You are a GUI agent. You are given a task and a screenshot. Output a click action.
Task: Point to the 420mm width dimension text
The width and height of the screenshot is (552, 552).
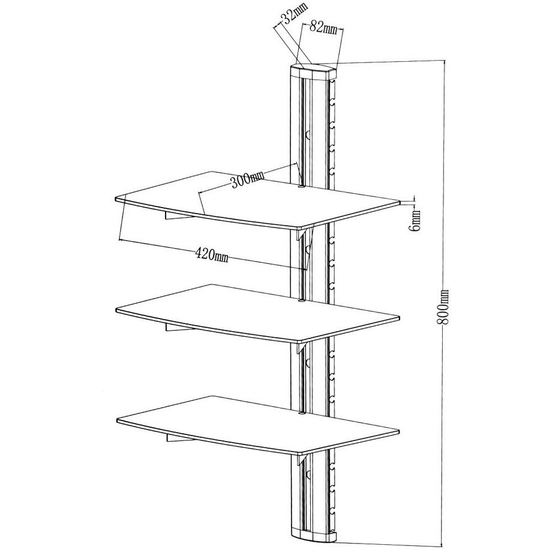click(x=212, y=255)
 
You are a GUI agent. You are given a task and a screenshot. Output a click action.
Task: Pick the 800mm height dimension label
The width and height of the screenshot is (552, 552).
click(x=445, y=308)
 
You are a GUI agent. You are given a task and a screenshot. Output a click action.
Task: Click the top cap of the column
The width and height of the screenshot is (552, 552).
click(x=313, y=70)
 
